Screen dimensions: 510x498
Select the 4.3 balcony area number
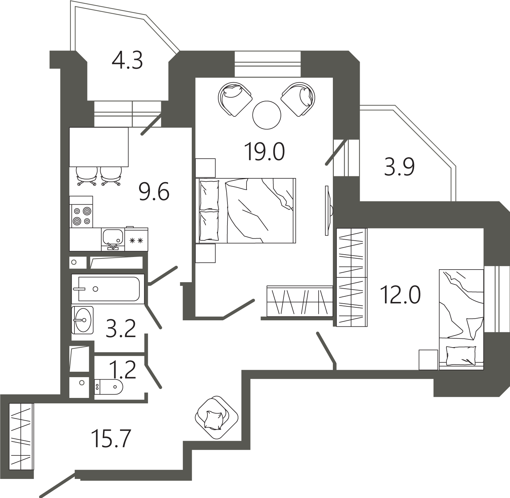coord(127,60)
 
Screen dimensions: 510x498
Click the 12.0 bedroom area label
coord(401,294)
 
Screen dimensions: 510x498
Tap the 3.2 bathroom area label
coord(121,328)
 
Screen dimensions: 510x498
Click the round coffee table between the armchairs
coord(267,115)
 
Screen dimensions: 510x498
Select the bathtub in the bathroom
coord(108,289)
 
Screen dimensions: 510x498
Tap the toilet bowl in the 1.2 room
coord(108,387)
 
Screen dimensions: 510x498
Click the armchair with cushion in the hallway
coord(217,418)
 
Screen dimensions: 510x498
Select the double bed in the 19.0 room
coord(245,211)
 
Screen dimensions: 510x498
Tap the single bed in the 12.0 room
coord(461,320)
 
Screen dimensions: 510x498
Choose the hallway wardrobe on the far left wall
coord(21,437)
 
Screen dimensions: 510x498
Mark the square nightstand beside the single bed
coord(428,359)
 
